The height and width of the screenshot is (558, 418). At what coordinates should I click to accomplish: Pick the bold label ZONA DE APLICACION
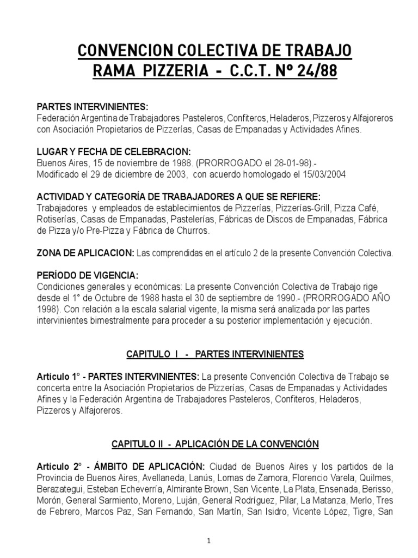tap(85, 253)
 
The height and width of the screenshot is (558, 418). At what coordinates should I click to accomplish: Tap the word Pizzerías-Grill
tap(309, 208)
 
